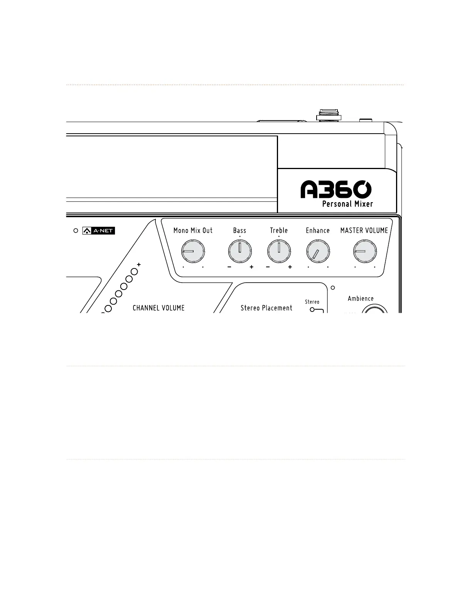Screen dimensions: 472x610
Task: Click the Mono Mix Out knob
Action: (193, 251)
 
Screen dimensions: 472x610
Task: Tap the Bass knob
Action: (240, 251)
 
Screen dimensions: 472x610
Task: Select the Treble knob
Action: (279, 251)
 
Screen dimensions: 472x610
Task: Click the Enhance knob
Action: (318, 252)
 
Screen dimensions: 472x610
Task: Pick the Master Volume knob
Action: (365, 251)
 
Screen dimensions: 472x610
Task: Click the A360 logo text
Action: (336, 189)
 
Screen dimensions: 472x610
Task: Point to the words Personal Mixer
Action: (347, 204)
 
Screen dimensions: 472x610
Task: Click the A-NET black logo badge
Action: (99, 231)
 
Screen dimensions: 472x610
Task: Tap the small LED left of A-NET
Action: (76, 231)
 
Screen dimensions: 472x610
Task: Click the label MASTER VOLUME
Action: (364, 230)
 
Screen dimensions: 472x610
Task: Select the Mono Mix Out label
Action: (193, 230)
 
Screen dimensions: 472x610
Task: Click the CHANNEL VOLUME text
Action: (158, 308)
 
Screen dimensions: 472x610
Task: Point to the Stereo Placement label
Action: (266, 308)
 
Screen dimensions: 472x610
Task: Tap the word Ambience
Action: (361, 298)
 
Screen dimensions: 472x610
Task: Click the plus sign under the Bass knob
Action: (251, 267)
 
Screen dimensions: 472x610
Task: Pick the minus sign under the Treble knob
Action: (268, 267)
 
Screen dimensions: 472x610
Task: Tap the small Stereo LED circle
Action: (312, 310)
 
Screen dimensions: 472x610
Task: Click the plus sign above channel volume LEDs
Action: (139, 265)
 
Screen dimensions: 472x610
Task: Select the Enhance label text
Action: (318, 230)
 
